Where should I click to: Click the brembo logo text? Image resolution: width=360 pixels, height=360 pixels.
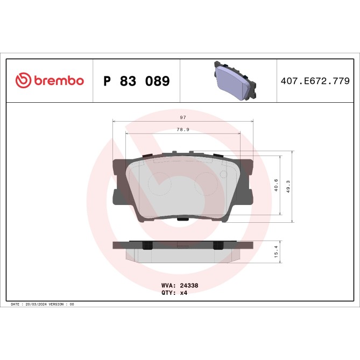[59, 81]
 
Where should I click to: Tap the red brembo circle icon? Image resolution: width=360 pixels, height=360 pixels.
[23, 81]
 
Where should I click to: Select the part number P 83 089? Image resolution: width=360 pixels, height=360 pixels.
[136, 81]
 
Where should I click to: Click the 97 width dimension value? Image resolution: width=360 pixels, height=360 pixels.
[182, 118]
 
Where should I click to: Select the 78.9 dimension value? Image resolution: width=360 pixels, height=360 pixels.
[182, 129]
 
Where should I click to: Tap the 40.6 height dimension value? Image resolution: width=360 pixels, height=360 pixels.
[276, 186]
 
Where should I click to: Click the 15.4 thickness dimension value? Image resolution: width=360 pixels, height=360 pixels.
[276, 252]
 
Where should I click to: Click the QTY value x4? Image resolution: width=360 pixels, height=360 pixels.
[183, 294]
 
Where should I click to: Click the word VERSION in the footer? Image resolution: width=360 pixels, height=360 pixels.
[58, 305]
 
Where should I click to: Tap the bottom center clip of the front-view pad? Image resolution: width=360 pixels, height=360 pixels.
[183, 219]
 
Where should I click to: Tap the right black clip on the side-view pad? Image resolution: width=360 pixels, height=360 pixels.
[218, 245]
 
